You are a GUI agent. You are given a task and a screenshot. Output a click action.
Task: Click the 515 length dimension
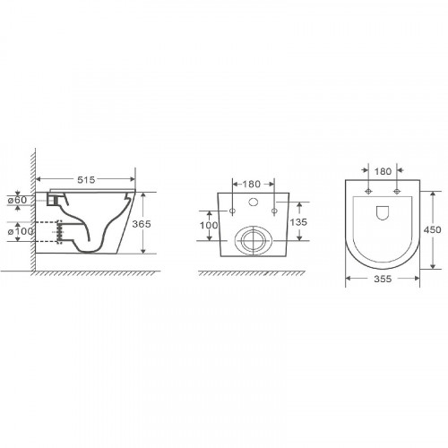(86, 179)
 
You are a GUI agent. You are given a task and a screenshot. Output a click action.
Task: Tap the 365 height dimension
(142, 224)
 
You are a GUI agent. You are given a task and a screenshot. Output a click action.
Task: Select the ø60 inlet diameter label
(17, 200)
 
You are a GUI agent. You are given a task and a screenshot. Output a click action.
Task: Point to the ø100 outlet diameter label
(20, 231)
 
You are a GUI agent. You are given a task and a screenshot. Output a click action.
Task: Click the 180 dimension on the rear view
(251, 184)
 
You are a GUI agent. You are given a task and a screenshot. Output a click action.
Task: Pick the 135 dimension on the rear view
(298, 222)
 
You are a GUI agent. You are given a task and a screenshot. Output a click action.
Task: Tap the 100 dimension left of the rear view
(209, 225)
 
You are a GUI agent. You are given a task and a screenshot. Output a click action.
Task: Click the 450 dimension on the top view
(432, 229)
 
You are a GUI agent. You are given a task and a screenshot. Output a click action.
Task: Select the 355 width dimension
(383, 279)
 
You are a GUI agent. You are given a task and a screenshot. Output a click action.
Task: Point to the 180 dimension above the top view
(383, 171)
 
